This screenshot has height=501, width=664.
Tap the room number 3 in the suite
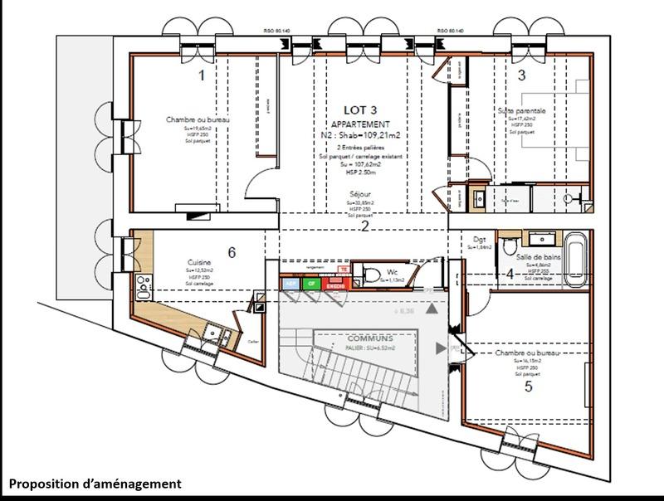pyautogui.click(x=521, y=75)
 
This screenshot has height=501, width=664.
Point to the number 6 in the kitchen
pyautogui.click(x=232, y=252)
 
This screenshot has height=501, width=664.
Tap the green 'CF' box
pyautogui.click(x=310, y=284)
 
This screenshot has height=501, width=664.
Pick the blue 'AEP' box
pyautogui.click(x=290, y=284)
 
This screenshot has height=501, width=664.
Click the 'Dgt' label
pyautogui.click(x=479, y=240)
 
